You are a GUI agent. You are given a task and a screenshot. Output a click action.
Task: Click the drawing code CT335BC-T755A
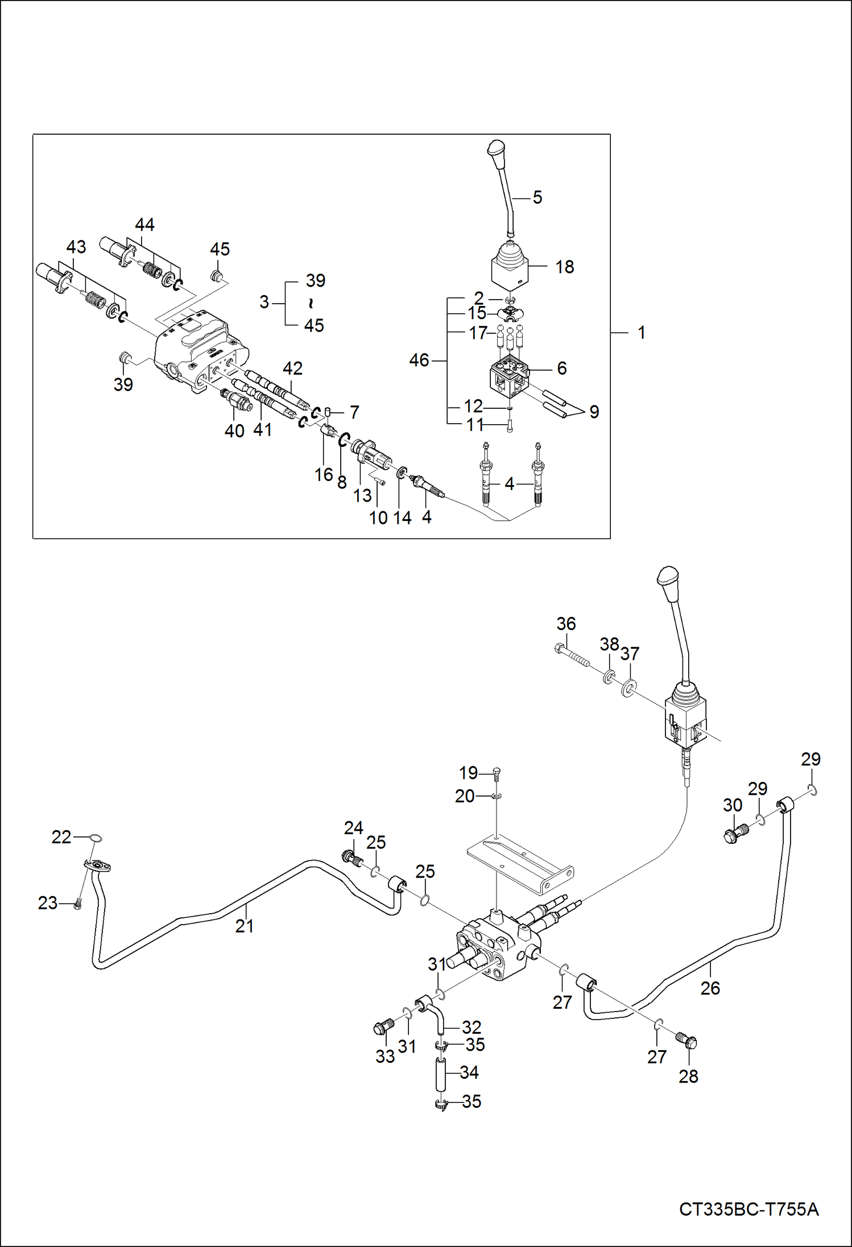[748, 1209]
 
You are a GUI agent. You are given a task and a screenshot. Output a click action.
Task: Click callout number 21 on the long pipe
[244, 926]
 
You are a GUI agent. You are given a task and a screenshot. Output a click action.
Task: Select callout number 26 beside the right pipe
[710, 988]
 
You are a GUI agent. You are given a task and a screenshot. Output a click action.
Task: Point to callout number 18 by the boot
[564, 267]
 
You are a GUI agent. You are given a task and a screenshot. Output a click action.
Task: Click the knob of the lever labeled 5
[496, 152]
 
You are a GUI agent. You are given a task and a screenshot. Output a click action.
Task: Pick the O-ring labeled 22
[96, 838]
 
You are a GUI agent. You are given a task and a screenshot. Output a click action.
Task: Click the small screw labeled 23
[78, 904]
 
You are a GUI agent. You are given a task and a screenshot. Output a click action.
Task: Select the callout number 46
[419, 360]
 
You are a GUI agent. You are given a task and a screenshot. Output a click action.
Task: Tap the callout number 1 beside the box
[641, 333]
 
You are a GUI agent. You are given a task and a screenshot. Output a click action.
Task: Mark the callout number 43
[76, 247]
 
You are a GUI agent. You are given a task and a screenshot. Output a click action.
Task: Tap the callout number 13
[362, 495]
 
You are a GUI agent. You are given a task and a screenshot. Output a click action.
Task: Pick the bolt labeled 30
[735, 834]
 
